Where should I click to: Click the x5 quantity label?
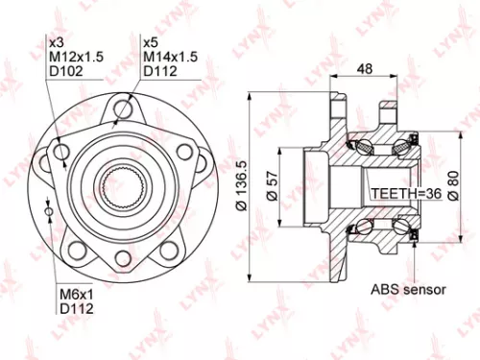click(150, 42)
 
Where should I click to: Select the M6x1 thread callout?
click(75, 295)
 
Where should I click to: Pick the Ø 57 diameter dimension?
click(272, 185)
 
